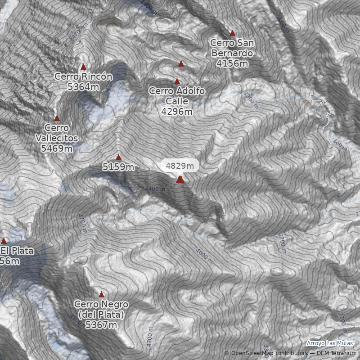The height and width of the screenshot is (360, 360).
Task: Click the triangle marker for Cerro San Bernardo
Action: pos(232,33)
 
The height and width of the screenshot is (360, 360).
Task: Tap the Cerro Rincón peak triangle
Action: pos(83,67)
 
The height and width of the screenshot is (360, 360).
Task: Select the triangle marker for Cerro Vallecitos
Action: pos(57,119)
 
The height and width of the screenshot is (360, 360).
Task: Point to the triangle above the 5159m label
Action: pos(118,157)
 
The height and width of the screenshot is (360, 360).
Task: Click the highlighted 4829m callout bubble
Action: pos(180,166)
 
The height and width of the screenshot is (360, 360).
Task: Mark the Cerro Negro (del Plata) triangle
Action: pos(101,295)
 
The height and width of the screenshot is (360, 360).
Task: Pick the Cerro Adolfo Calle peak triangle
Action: pos(177,82)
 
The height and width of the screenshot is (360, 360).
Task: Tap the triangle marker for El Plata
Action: pos(4,241)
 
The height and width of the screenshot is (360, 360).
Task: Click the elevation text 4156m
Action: pos(232,64)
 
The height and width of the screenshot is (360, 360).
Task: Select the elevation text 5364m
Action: pos(83,87)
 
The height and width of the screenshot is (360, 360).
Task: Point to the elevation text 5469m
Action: pos(57,148)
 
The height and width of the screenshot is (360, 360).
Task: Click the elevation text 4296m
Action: pos(177,112)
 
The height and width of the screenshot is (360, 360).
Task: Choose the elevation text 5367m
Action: pos(101,325)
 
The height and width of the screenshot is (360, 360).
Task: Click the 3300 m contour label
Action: pos(251,99)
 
